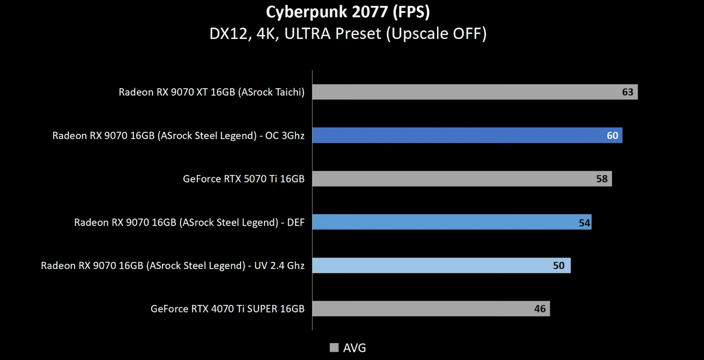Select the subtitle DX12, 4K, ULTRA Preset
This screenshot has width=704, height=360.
click(348, 34)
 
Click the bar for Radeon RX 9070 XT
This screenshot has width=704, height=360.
click(462, 92)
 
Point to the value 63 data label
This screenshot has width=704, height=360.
click(627, 92)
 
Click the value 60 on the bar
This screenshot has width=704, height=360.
click(612, 136)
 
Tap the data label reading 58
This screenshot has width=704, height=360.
click(602, 179)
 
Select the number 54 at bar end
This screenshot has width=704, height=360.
click(584, 223)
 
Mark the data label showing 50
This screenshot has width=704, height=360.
click(559, 266)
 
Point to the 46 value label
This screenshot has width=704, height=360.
click(540, 309)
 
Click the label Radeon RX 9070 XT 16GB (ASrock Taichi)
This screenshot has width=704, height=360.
click(212, 92)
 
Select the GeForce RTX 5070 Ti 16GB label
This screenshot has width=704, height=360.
click(243, 179)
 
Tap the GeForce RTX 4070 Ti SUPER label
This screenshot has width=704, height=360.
click(228, 309)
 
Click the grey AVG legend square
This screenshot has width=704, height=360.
click(334, 347)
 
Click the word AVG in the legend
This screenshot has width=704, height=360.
click(355, 347)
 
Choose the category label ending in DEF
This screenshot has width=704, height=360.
click(189, 222)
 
